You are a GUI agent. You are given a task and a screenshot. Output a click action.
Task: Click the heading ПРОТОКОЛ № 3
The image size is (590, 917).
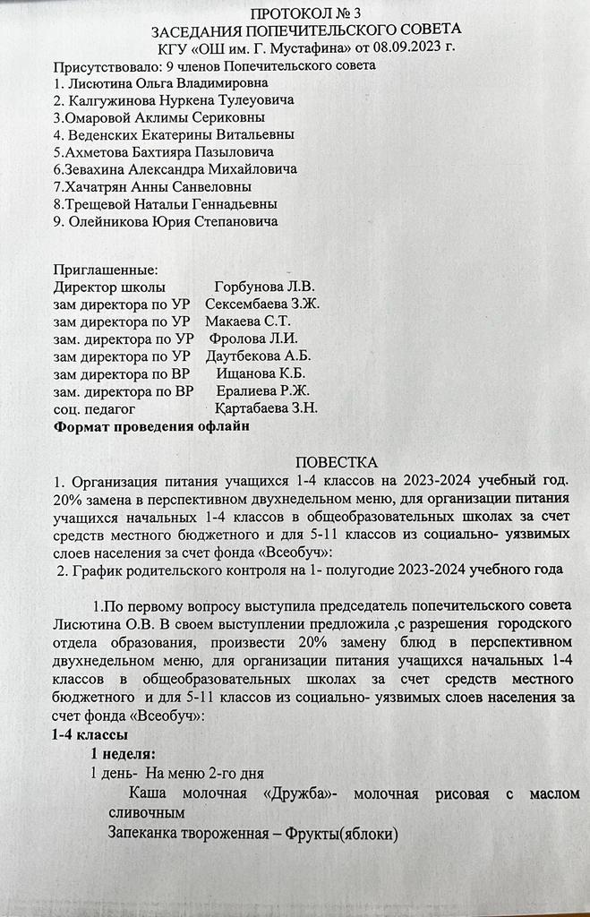click(x=295, y=13)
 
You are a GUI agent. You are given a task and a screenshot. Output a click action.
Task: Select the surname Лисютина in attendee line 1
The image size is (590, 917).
click(x=102, y=82)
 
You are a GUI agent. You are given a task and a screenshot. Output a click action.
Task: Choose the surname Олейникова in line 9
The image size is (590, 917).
click(x=114, y=221)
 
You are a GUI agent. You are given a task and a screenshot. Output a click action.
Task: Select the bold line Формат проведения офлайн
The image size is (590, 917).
click(x=151, y=426)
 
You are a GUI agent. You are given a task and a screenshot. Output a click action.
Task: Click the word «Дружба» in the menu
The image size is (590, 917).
click(x=300, y=793)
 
